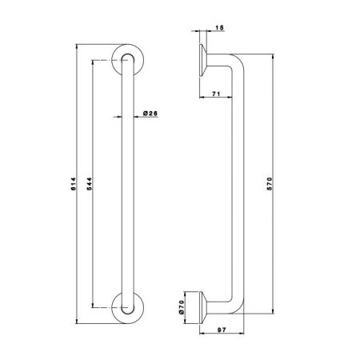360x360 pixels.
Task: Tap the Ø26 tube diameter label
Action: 149,114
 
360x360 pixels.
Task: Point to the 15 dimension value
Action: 219,28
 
